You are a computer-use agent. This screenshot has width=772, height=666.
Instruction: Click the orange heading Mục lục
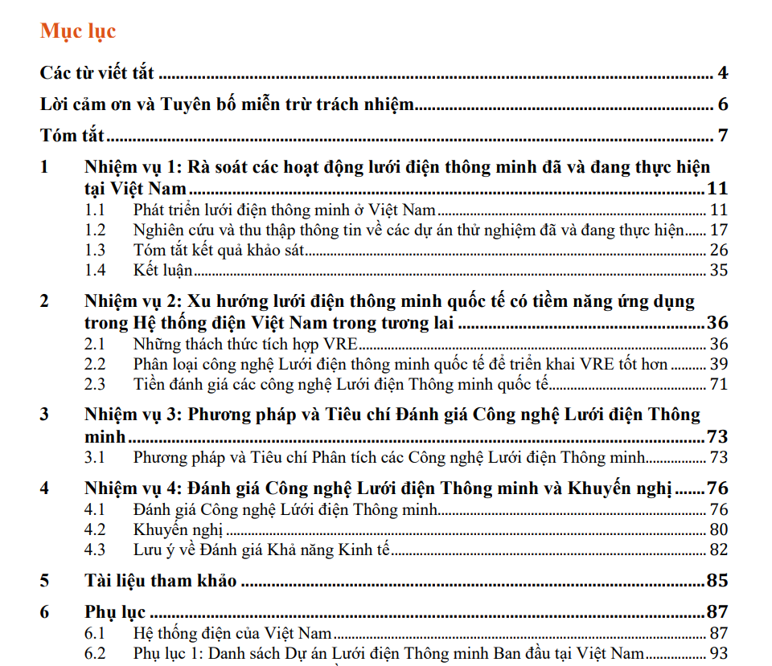pos(78,31)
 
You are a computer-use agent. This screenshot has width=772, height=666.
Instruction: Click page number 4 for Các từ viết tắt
pos(723,74)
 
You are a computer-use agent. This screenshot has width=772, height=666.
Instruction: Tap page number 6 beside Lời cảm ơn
pos(723,105)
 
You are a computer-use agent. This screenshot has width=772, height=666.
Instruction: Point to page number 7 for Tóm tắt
pos(723,136)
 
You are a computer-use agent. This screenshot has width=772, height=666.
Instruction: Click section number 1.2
pos(96,231)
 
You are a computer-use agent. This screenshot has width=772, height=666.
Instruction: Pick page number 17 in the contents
pos(718,231)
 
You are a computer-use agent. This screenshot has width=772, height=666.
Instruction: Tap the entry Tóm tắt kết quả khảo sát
pos(220,250)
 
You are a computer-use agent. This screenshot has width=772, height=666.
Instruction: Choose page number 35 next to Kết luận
pos(718,270)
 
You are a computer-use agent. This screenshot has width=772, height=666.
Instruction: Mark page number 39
pos(718,364)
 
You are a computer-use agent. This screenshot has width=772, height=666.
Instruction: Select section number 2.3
pos(96,384)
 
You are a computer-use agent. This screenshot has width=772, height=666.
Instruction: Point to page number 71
pos(718,384)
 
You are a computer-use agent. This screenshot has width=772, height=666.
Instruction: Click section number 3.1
pos(96,458)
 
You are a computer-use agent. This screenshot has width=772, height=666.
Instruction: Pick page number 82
pos(718,550)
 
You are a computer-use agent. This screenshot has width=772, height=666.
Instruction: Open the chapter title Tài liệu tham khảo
pos(160,581)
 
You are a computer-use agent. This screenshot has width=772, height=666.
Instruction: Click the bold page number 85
pos(717,581)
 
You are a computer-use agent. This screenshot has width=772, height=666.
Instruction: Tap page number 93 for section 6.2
pos(718,653)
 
